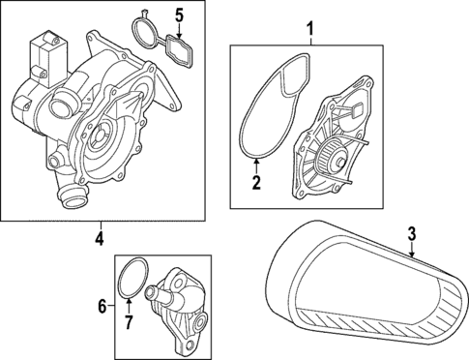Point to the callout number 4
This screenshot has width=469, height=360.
tap(100, 238)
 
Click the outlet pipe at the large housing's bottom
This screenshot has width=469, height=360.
tap(69, 199)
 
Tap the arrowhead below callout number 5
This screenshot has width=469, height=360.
tap(178, 34)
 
